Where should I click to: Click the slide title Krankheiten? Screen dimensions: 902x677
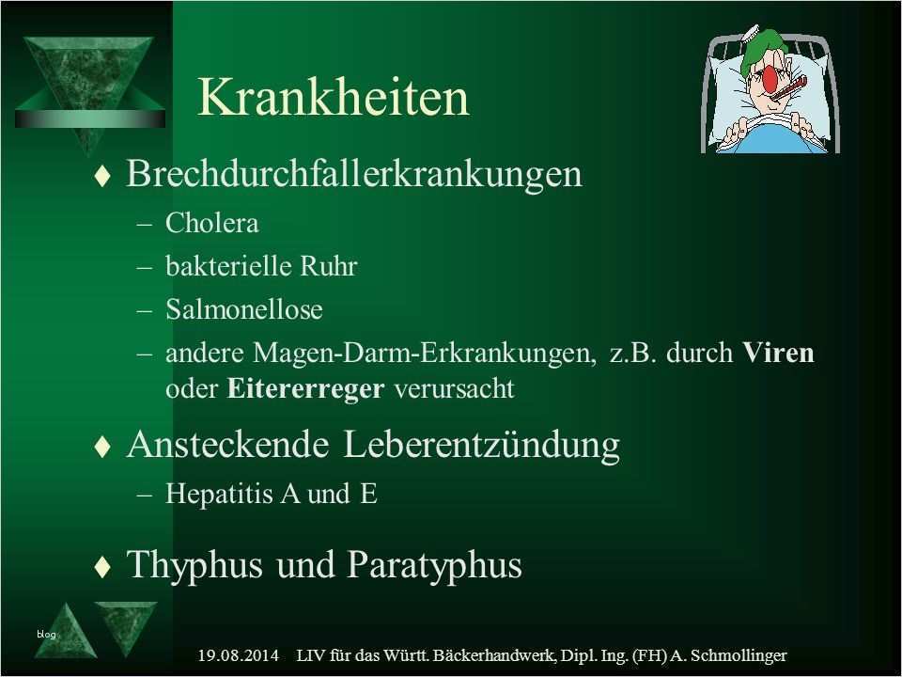click(333, 98)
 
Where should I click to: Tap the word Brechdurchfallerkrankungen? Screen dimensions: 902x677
click(354, 174)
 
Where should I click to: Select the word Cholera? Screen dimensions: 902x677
click(211, 224)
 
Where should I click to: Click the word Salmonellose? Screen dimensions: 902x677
click(244, 309)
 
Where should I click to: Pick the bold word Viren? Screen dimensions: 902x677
click(778, 353)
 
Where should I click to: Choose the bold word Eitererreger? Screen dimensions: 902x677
click(305, 388)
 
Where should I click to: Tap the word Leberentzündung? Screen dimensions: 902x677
click(482, 445)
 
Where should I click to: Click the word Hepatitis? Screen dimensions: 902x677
click(218, 495)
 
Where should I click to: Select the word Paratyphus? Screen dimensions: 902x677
click(435, 565)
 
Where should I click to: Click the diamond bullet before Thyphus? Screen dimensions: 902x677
click(102, 566)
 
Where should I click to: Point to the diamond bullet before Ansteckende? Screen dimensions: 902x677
click(102, 447)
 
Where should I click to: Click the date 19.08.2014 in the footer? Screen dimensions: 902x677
click(238, 655)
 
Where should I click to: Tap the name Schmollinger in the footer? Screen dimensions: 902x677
click(739, 655)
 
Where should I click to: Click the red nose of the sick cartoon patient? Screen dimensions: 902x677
click(770, 78)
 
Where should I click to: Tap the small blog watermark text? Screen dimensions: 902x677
click(46, 635)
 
